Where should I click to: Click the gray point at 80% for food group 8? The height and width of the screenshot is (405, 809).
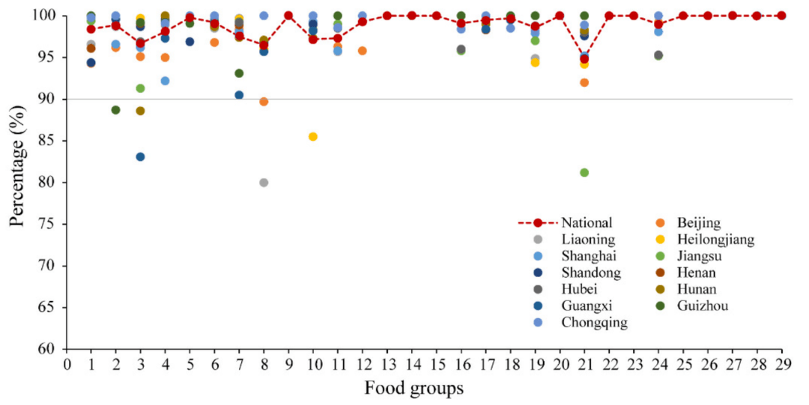pyautogui.click(x=264, y=183)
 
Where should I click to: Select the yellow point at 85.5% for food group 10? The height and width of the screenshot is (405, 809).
pyautogui.click(x=313, y=136)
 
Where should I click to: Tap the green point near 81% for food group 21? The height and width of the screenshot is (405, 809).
pyautogui.click(x=584, y=173)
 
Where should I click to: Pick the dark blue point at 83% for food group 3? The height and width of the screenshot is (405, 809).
pyautogui.click(x=140, y=156)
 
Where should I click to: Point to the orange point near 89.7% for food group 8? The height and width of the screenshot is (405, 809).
pyautogui.click(x=264, y=102)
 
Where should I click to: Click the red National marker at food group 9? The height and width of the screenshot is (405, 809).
pyautogui.click(x=288, y=16)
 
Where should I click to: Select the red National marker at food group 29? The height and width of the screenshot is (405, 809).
pyautogui.click(x=781, y=16)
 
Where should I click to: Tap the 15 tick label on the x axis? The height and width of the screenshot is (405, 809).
pyautogui.click(x=437, y=364)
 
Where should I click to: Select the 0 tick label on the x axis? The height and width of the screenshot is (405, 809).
pyautogui.click(x=67, y=364)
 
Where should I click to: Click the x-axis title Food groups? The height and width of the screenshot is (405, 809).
pyautogui.click(x=414, y=389)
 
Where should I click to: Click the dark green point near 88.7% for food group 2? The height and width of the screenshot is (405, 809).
pyautogui.click(x=115, y=110)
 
